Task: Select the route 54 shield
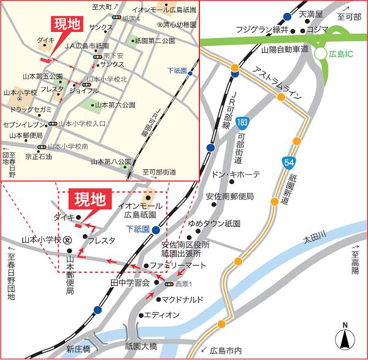tap(288, 161)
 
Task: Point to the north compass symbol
tap(345, 338)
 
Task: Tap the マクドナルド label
tap(183, 300)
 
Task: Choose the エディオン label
tap(163, 315)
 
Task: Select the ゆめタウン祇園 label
tap(215, 224)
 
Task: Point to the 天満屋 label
tap(311, 13)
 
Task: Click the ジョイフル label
tap(84, 91)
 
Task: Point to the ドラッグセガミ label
tap(30, 108)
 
